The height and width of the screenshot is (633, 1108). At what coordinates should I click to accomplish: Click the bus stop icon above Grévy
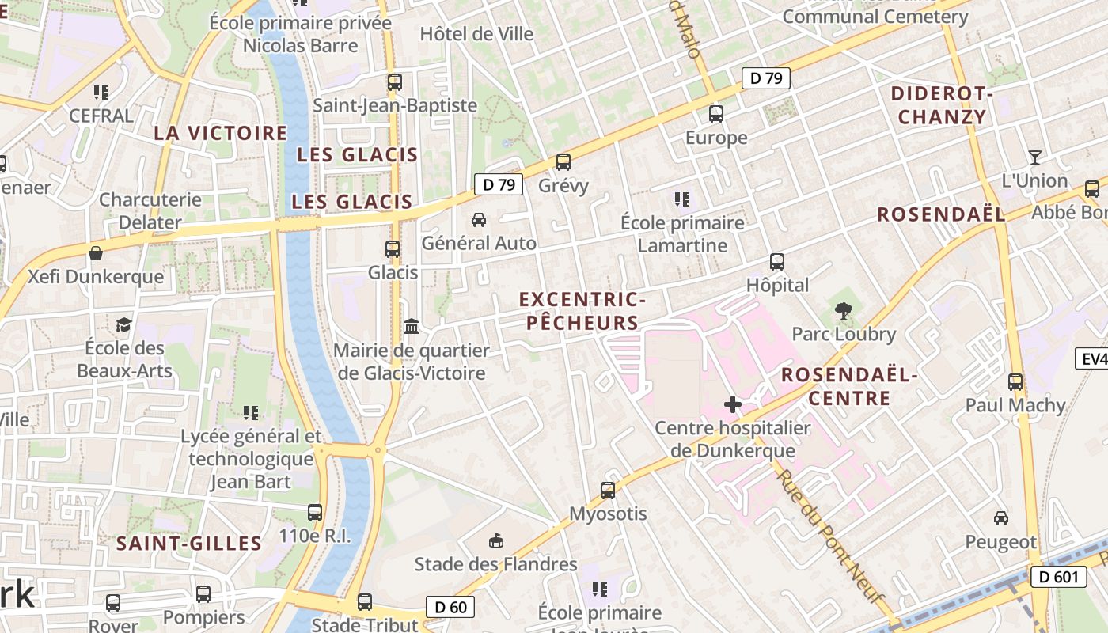click(563, 162)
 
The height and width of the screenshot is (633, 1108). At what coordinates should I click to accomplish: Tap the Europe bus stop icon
click(716, 114)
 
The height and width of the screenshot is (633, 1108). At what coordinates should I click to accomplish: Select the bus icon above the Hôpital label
click(777, 262)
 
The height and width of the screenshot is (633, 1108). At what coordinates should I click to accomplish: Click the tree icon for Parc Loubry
click(844, 311)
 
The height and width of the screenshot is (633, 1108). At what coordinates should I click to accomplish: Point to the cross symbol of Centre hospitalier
click(733, 405)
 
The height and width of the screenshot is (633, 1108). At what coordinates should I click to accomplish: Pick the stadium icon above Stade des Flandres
click(496, 541)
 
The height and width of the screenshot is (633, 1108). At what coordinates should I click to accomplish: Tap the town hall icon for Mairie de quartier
click(412, 326)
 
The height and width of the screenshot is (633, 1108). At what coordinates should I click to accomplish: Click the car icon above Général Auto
click(479, 220)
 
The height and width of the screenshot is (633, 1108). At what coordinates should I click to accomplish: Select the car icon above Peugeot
click(1001, 518)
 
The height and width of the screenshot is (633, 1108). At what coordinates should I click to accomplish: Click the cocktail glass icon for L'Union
click(1034, 157)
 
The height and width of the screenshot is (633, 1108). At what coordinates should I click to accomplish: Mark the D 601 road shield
click(1058, 577)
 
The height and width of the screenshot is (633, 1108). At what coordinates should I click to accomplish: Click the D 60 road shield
click(451, 607)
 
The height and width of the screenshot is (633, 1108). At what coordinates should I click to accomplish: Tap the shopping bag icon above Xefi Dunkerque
click(96, 253)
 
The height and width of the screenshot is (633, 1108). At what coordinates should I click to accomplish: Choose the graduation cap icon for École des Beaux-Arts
click(123, 324)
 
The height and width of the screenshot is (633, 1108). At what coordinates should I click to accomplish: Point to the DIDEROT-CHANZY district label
click(942, 105)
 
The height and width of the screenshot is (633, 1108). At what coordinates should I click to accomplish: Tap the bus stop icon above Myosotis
click(608, 491)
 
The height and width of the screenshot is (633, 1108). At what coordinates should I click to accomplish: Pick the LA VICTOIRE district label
click(220, 133)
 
